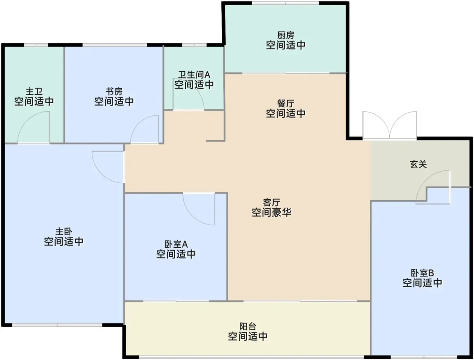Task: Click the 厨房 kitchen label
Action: [285, 35]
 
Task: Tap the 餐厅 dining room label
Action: [285, 104]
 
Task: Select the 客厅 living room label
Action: [272, 202]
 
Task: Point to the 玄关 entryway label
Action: [418, 164]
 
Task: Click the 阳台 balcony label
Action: [248, 327]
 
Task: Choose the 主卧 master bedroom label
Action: [64, 232]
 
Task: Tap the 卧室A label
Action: [176, 244]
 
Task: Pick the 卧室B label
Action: [422, 273]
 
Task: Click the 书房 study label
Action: [114, 91]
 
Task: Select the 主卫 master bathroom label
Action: [34, 91]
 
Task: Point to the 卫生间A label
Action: [194, 75]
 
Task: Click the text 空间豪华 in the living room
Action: [272, 212]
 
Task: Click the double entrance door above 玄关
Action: [390, 125]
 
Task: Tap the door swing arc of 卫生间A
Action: [200, 93]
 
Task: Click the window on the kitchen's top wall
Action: [285, 3]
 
